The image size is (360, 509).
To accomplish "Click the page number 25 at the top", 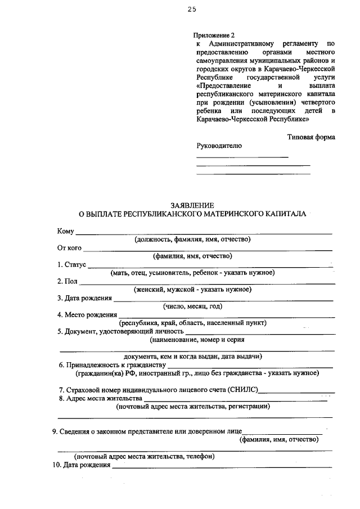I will [x=192, y=10].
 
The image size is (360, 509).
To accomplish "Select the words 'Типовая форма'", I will [x=311, y=137].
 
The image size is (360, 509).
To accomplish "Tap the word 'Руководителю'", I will [x=219, y=146].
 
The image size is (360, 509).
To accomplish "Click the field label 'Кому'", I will [x=65, y=231].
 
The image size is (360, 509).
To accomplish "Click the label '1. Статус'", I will [x=71, y=264].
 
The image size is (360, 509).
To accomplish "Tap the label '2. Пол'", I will [x=67, y=281].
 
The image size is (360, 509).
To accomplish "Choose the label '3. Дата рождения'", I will [x=84, y=298].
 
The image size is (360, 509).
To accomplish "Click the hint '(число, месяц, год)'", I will [x=193, y=306].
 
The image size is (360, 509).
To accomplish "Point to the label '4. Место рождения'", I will [x=87, y=314].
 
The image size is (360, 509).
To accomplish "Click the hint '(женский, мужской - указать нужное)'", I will [x=192, y=289].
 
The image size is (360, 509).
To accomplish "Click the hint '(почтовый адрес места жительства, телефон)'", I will [x=144, y=456].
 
